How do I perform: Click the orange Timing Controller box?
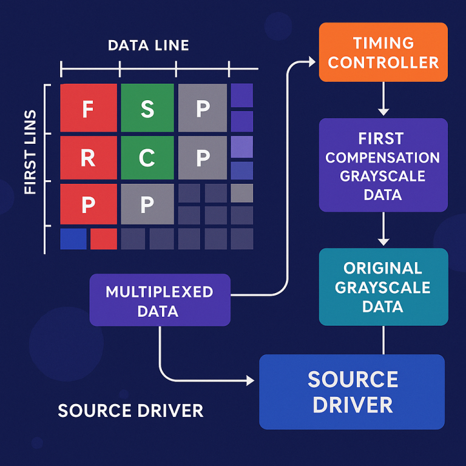tap(383, 52)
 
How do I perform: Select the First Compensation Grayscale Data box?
tap(383, 165)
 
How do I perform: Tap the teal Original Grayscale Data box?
tap(383, 287)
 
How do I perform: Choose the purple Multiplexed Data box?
tap(160, 302)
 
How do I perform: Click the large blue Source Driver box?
tap(352, 392)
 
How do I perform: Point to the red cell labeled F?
tap(89, 108)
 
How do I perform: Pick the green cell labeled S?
tap(147, 108)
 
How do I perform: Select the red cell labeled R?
tap(89, 158)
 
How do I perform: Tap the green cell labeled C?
tap(147, 158)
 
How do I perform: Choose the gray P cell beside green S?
tap(203, 108)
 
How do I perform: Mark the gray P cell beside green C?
tap(203, 158)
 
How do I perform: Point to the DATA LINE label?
tap(148, 46)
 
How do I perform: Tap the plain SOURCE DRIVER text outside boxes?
tap(130, 411)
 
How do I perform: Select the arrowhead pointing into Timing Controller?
tap(312, 61)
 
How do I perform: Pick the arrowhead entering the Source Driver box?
tap(249, 380)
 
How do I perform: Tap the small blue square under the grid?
tap(73, 238)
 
